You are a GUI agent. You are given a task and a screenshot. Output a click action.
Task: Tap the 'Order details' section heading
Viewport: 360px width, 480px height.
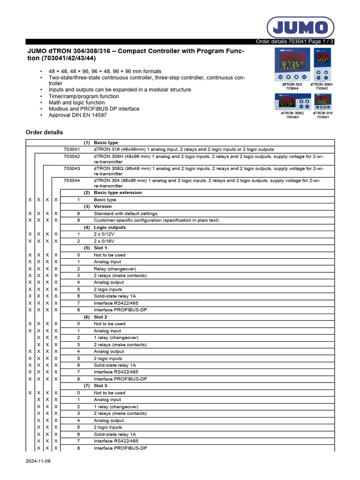pyautogui.click(x=44, y=132)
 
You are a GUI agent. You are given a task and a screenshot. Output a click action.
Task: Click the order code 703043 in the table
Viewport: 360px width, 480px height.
pyautogui.click(x=72, y=168)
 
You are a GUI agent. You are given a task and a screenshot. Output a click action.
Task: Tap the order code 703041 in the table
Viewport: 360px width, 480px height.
pyautogui.click(x=72, y=149)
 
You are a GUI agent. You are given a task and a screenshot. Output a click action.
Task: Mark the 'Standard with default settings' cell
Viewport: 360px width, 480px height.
pyautogui.click(x=126, y=213)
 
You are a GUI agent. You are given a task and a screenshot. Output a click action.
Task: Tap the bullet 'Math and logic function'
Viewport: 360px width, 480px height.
pyautogui.click(x=77, y=103)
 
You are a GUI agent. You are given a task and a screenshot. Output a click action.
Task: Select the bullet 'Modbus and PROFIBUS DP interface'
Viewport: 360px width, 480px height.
pyautogui.click(x=94, y=109)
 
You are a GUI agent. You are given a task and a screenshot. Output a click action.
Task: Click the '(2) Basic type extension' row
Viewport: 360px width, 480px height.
pyautogui.click(x=118, y=193)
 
